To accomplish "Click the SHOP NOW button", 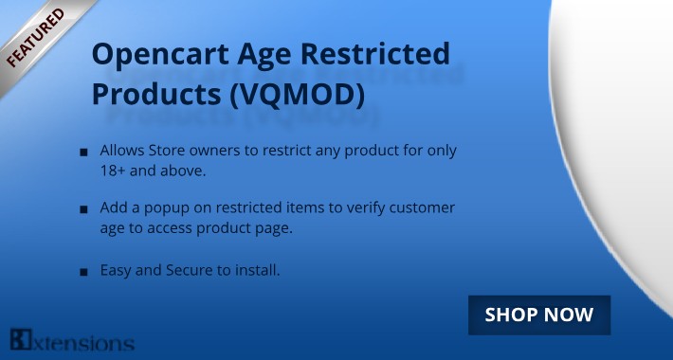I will (x=539, y=315).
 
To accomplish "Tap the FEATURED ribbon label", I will (x=36, y=39).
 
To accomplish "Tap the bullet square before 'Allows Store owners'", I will (x=84, y=153).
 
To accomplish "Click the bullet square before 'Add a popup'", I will (x=84, y=208).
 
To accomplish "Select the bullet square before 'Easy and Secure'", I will (x=84, y=272).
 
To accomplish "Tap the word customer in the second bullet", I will (x=422, y=207).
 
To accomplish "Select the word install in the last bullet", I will (x=259, y=271).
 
